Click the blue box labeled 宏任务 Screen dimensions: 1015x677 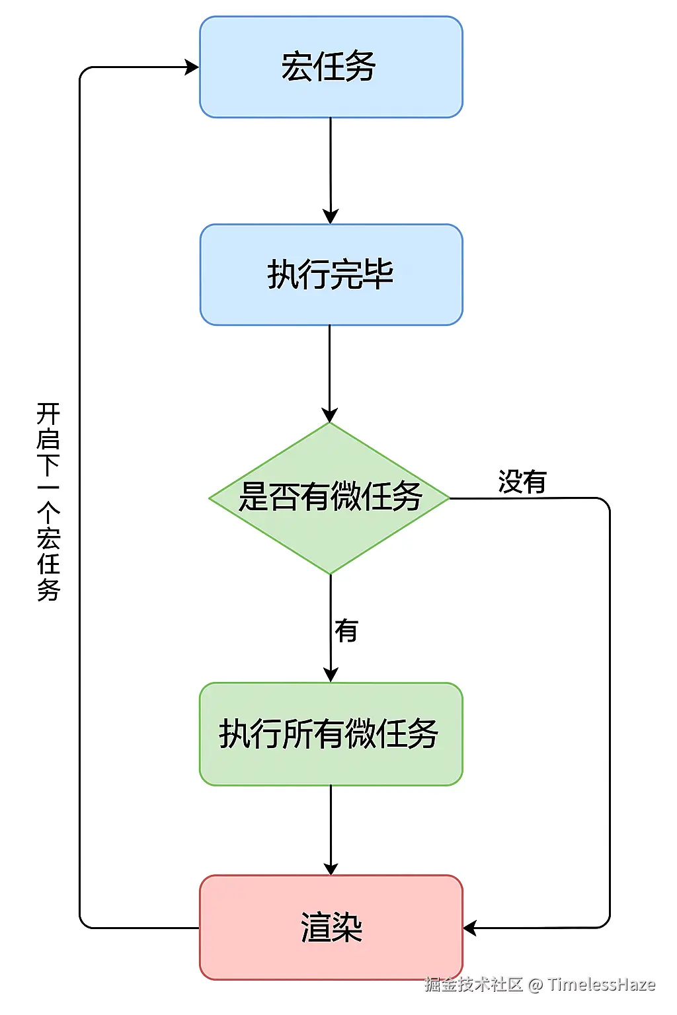pyautogui.click(x=331, y=67)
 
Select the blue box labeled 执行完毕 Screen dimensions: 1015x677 pyautogui.click(x=331, y=274)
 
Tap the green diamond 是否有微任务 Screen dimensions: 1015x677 pyautogui.click(x=329, y=497)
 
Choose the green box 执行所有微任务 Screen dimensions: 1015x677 pyautogui.click(x=331, y=734)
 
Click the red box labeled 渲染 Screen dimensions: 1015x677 pyautogui.click(x=331, y=927)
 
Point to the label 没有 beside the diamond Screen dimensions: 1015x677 pyautogui.click(x=522, y=482)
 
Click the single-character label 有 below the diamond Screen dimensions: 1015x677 pyautogui.click(x=346, y=630)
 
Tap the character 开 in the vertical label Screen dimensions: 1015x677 pyautogui.click(x=48, y=414)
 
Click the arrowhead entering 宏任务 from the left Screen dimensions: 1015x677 pyautogui.click(x=192, y=67)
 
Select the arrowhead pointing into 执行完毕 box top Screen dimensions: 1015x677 pyautogui.click(x=331, y=217)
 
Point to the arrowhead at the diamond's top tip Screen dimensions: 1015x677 pyautogui.click(x=329, y=416)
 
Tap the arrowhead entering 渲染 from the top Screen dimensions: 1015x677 pyautogui.click(x=331, y=868)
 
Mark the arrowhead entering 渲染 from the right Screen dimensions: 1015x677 pyautogui.click(x=470, y=928)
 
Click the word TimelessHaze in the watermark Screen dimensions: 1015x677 pyautogui.click(x=601, y=985)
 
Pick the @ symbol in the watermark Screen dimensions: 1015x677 pyautogui.click(x=536, y=985)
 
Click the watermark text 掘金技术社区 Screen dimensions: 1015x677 pyautogui.click(x=473, y=985)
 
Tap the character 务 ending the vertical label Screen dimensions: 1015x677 pyautogui.click(x=48, y=589)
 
